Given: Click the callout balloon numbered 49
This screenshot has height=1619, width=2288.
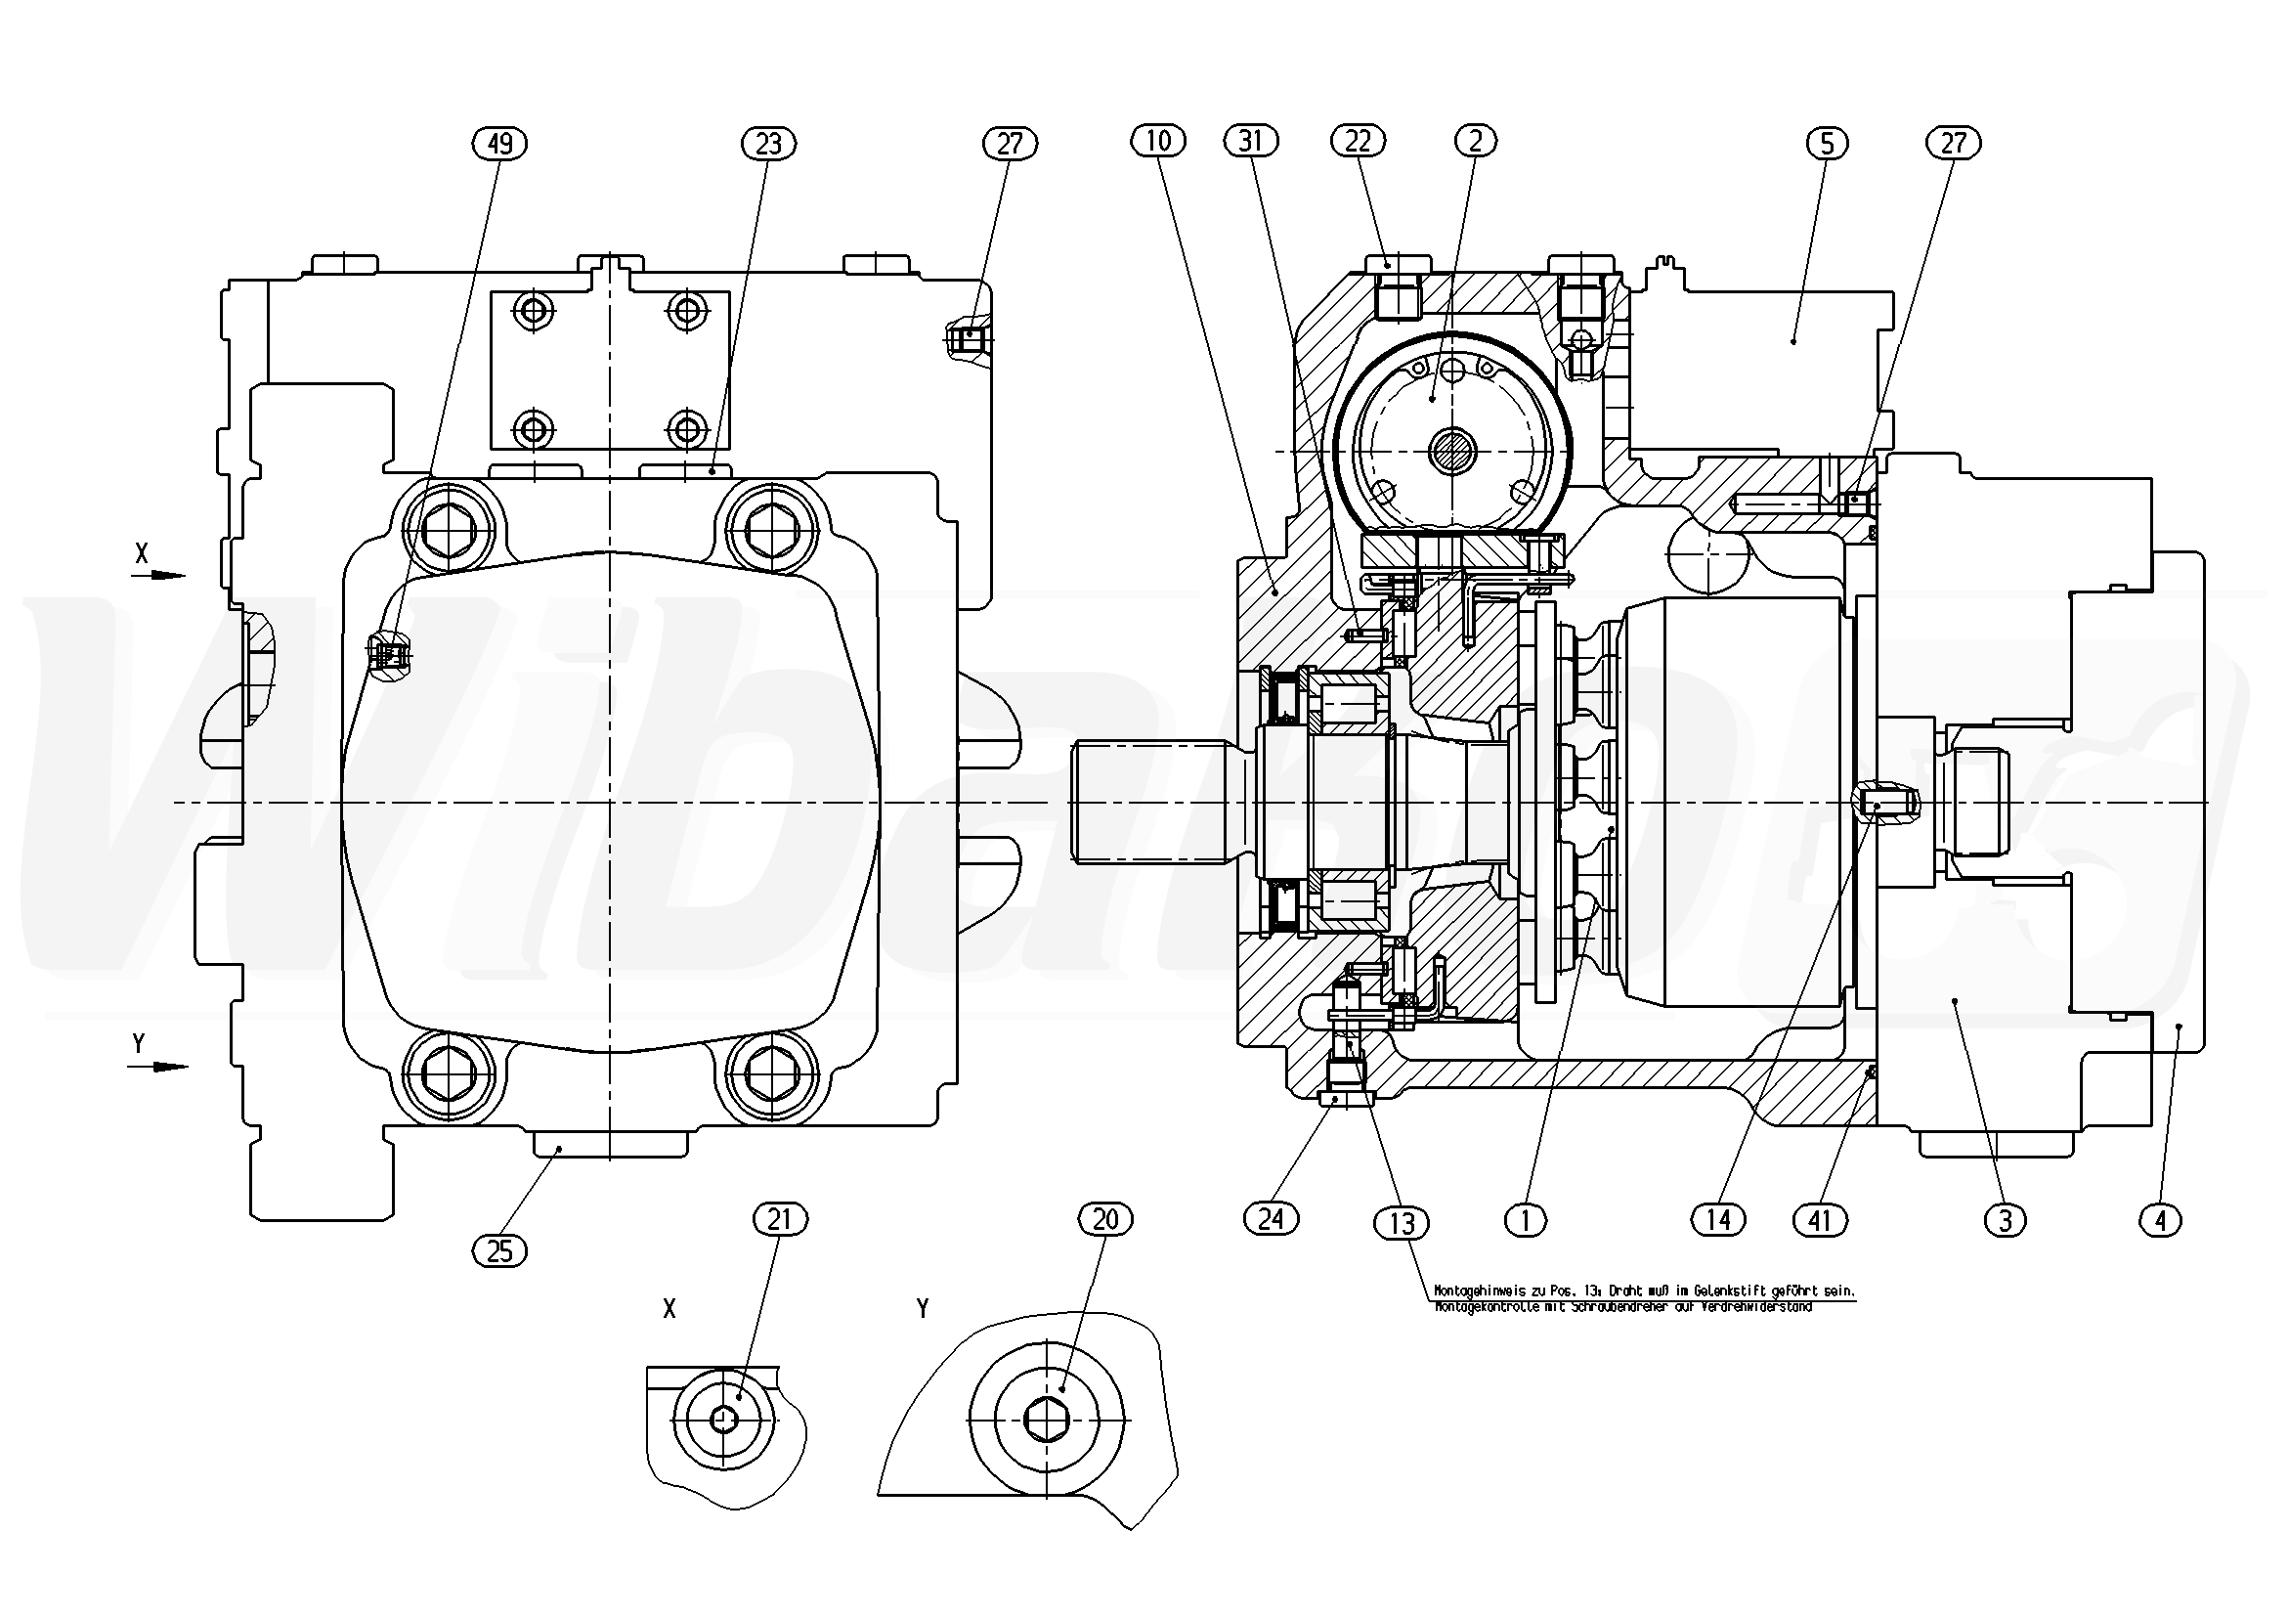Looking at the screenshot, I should coord(499,145).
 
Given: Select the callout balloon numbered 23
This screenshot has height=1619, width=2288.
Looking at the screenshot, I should coord(768,145).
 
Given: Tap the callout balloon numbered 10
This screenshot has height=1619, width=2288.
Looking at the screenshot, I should coord(1158,142).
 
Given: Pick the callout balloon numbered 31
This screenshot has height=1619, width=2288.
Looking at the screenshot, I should coord(1251,142).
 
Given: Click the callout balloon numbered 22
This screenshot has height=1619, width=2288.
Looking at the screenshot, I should coord(1359,142).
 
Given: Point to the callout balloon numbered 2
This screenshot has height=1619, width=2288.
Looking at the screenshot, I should coord(1476,142).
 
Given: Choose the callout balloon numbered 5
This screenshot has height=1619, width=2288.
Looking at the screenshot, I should coord(1827,145).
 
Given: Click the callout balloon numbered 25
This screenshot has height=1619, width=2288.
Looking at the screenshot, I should coord(499,1250).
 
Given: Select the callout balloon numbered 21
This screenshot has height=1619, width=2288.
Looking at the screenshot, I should coord(780,1219).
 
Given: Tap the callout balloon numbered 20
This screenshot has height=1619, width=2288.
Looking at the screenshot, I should coord(1106,1219).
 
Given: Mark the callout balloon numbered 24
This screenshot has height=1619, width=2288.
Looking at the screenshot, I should coord(1272,1218).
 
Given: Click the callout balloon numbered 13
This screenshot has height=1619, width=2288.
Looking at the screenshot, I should coord(1402,1223).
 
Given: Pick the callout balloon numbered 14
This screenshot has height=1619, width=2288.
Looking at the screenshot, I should coord(1719,1219).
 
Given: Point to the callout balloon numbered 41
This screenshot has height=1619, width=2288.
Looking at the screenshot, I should coord(1820,1220).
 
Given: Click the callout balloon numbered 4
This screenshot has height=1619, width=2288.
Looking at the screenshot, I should coord(2160,1220).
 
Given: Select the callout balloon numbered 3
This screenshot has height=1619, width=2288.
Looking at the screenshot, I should coord(2005,1220).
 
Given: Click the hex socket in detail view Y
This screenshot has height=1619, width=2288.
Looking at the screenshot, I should coord(1047,1420).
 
